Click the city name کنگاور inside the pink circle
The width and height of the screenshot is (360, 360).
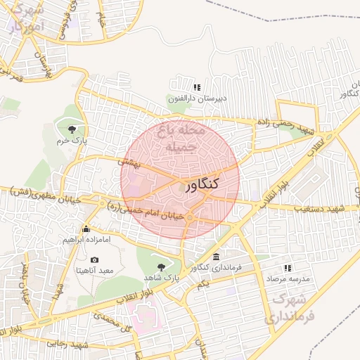tap(202, 185)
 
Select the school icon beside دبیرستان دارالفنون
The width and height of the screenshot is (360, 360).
tap(197, 88)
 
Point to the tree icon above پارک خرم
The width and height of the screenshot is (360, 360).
tap(73, 128)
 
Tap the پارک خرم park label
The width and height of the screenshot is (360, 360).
tap(73, 140)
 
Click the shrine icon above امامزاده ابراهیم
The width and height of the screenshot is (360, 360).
tap(86, 229)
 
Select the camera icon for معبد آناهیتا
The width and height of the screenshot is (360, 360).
tap(95, 259)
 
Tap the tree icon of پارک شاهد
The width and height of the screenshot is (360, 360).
tap(162, 267)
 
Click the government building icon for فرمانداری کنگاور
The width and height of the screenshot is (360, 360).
tap(215, 257)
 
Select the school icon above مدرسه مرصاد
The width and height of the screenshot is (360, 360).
tap(287, 268)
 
